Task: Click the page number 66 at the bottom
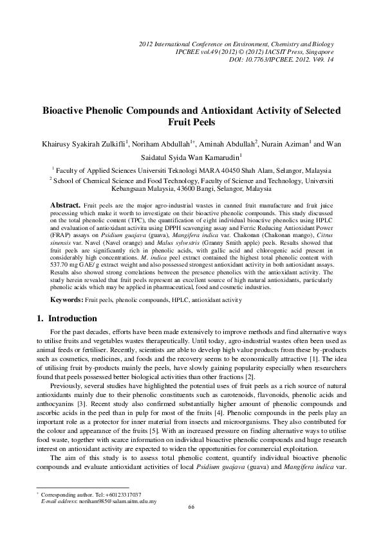pyautogui.click(x=191, y=525)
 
